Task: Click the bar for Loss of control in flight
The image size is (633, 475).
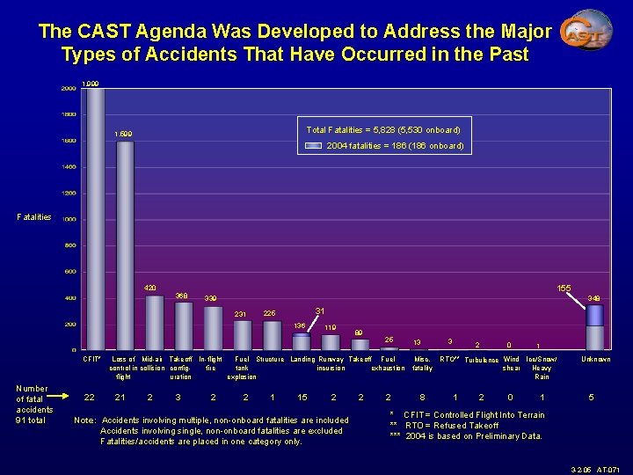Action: (125, 245)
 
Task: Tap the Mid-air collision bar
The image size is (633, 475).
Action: (155, 322)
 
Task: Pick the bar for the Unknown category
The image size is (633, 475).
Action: (595, 325)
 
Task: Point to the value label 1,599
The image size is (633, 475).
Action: (124, 134)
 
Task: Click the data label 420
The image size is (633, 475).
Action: (151, 288)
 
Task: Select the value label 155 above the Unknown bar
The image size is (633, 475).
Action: (564, 288)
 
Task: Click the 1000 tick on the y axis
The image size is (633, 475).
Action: (68, 219)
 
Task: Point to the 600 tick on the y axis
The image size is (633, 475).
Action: (68, 272)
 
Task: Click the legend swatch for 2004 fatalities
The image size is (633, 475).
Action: (314, 146)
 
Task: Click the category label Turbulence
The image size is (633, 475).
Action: (481, 361)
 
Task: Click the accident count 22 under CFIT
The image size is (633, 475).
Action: (89, 397)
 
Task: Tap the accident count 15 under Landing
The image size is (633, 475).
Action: (302, 397)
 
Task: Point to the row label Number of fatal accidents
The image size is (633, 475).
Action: (33, 404)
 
